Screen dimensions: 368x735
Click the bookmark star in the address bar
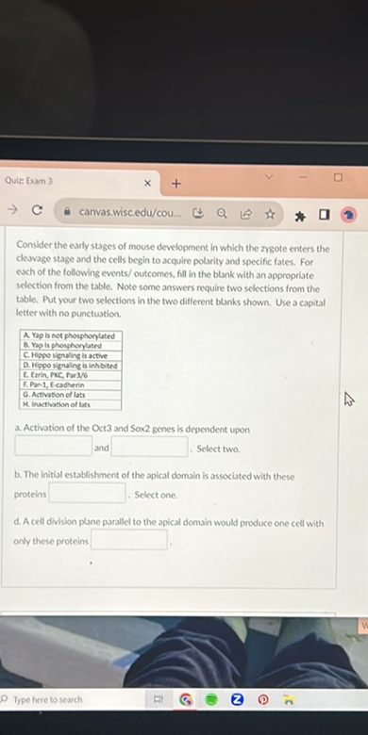(270, 214)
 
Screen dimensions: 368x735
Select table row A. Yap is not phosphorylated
(72, 336)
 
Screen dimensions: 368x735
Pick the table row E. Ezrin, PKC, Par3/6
(72, 375)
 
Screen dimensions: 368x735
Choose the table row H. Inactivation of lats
(72, 404)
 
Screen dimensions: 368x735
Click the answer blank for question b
(87, 493)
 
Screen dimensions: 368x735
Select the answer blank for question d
(128, 540)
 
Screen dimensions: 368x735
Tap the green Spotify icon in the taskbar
(212, 700)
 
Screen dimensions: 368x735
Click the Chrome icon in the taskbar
(188, 700)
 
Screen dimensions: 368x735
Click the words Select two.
(218, 449)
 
